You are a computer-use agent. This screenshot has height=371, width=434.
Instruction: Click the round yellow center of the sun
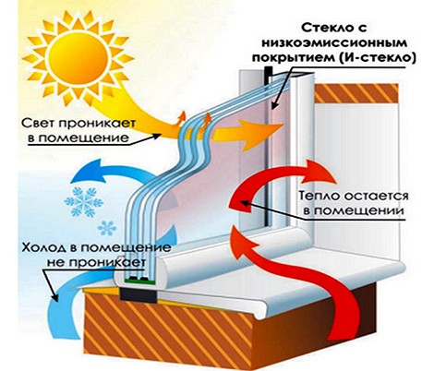78,60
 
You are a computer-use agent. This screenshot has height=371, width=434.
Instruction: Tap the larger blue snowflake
83,202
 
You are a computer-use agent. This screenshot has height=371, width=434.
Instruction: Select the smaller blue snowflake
107,228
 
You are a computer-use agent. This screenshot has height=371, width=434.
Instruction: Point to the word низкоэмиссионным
334,43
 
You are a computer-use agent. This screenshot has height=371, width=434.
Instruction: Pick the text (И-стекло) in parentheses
375,58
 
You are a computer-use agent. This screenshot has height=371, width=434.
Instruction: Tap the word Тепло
320,196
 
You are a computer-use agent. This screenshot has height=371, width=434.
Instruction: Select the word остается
376,197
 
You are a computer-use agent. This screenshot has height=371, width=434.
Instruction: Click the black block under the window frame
139,294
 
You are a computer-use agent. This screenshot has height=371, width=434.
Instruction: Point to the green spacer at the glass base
139,280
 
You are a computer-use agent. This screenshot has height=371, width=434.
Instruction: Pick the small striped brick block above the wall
356,93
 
